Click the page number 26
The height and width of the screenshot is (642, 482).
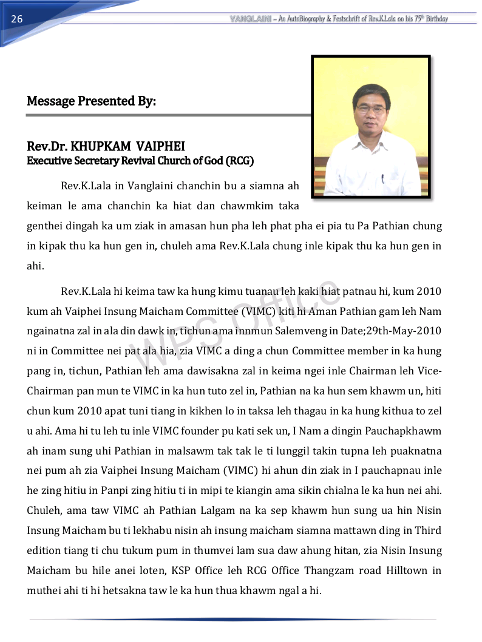16,19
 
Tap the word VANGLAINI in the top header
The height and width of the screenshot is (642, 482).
251,19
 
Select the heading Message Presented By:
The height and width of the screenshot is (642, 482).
91,101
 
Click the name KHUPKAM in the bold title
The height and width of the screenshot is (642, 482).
101,147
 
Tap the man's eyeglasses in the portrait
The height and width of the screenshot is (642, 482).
371,109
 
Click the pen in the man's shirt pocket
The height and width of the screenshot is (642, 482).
382,179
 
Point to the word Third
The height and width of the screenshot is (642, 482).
428,531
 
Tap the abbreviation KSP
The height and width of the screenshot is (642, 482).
182,571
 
